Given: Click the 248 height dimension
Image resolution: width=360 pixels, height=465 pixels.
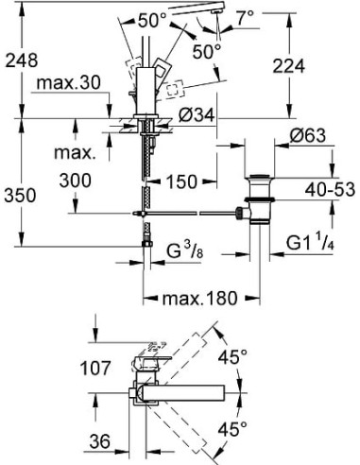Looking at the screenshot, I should (x=19, y=60).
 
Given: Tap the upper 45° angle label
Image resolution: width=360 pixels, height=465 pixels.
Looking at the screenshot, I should (x=256, y=356).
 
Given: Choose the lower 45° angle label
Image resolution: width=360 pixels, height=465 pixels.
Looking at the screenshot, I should (x=258, y=427).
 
